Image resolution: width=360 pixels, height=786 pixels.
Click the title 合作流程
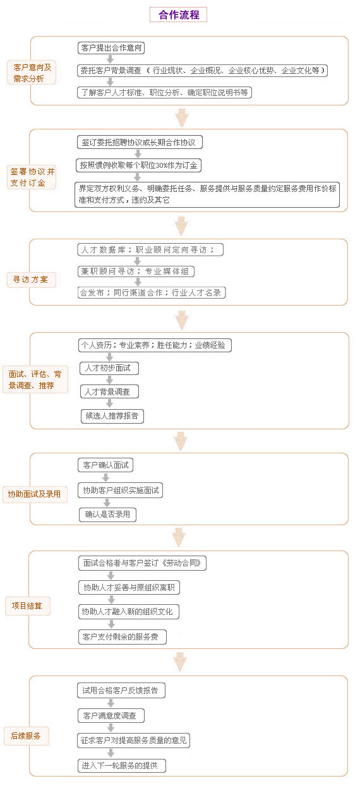[x=178, y=15]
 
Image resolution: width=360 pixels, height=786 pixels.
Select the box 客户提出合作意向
[x=111, y=48]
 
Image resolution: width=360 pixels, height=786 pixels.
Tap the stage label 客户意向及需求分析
[x=32, y=73]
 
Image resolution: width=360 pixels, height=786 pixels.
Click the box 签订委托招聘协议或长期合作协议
[x=140, y=142]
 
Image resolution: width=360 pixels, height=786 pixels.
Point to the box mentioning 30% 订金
[x=138, y=165]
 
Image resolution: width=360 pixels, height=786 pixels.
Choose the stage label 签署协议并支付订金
[x=32, y=177]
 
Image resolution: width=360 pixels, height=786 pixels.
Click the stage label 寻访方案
[x=31, y=280]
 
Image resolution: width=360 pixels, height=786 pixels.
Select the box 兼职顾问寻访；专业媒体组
[x=136, y=271]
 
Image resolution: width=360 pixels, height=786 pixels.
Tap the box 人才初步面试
[x=109, y=368]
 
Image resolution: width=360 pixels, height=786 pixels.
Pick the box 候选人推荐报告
[x=112, y=416]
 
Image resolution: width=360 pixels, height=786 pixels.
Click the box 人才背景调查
[x=109, y=391]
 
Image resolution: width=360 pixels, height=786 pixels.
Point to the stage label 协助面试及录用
[x=35, y=494]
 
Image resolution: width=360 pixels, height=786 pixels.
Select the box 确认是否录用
[x=108, y=515]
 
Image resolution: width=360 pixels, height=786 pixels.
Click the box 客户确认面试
[x=105, y=465]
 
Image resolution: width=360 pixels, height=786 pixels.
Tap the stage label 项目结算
[x=27, y=605]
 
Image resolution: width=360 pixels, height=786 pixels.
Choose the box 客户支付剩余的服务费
[x=123, y=637]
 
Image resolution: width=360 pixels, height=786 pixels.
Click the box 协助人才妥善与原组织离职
[x=129, y=587]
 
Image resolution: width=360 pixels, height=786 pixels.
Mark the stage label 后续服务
[x=27, y=736]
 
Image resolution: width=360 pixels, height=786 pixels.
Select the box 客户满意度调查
[x=111, y=715]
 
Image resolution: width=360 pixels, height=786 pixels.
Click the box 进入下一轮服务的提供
[x=121, y=765]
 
